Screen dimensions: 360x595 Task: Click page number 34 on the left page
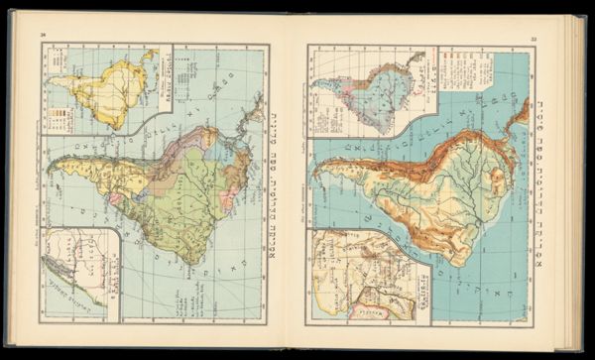(43, 37)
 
